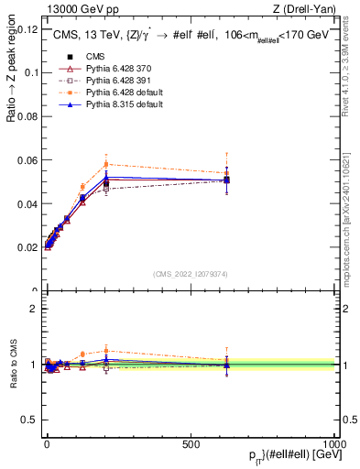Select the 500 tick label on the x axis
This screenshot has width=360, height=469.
191,442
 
